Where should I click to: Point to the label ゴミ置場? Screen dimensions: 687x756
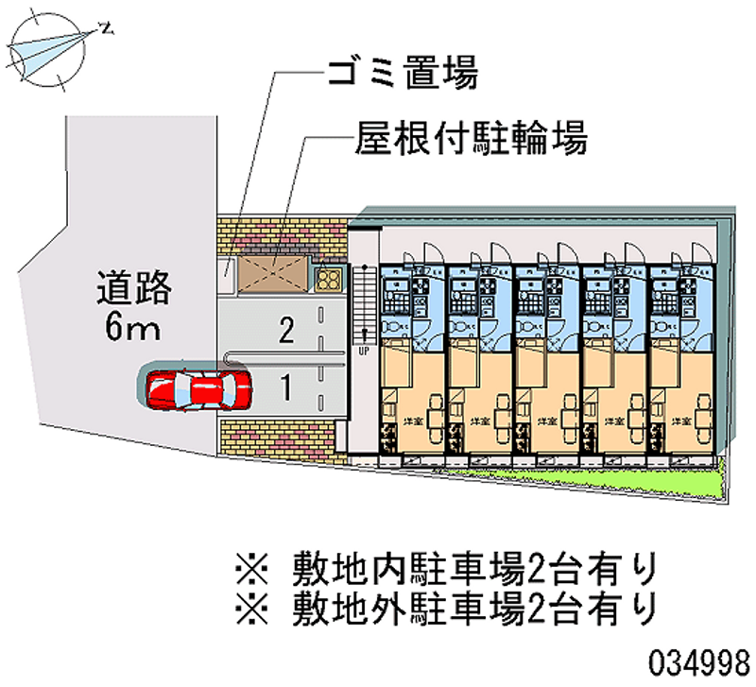click(x=401, y=73)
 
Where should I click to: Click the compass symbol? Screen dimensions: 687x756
click(x=45, y=47)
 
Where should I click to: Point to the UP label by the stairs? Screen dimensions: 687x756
click(x=363, y=351)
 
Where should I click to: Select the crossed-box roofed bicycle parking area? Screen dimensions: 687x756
click(x=273, y=273)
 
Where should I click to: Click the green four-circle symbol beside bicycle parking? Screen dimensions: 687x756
click(x=328, y=279)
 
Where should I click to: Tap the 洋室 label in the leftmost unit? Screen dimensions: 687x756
click(x=412, y=421)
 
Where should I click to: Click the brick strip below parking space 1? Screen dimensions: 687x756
click(x=275, y=438)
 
